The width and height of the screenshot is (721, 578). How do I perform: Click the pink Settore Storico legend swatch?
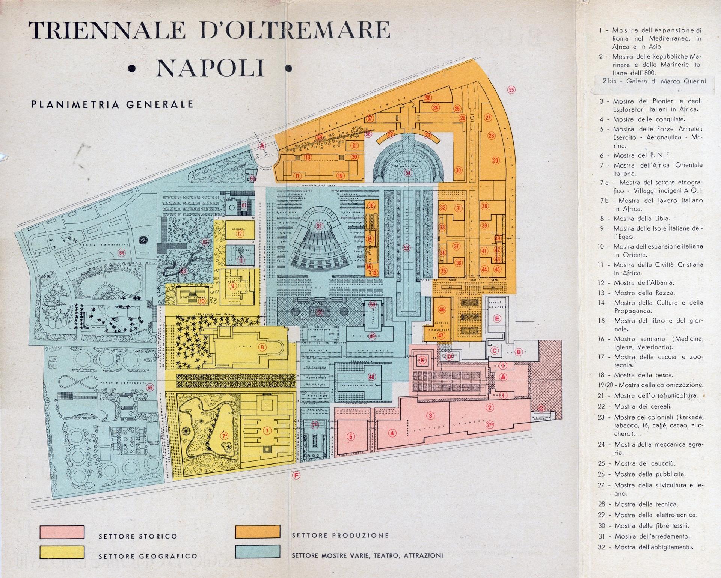click(x=62, y=532)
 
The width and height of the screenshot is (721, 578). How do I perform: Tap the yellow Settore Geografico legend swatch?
click(x=62, y=552)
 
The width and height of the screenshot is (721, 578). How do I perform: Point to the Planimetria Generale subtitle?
click(x=112, y=104)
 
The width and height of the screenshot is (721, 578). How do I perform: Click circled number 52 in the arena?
click(x=319, y=226)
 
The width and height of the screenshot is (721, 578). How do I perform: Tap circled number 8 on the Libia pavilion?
click(x=262, y=347)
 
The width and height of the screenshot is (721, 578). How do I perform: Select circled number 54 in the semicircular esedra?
click(x=408, y=172)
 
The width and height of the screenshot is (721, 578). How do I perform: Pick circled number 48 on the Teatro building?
click(x=372, y=377)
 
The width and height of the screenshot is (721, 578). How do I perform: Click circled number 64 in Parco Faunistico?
click(x=121, y=252)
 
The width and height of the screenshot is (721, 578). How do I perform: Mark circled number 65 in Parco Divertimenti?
click(x=150, y=388)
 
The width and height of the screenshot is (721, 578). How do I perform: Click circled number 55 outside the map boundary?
click(x=511, y=89)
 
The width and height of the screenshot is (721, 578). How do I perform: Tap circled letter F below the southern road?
click(x=297, y=476)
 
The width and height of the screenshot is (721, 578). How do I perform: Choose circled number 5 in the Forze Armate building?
click(x=351, y=436)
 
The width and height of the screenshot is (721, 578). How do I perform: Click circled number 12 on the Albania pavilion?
click(x=240, y=234)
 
